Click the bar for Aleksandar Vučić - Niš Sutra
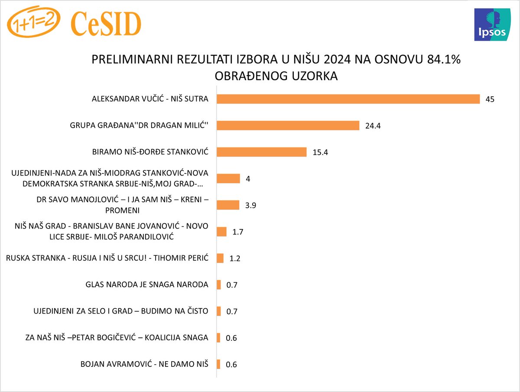click(x=348, y=99)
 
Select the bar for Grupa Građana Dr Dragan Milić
click(x=288, y=125)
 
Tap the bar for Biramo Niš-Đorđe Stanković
click(x=261, y=152)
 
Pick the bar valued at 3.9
click(x=228, y=205)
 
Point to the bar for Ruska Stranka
click(x=220, y=258)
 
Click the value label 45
click(x=490, y=99)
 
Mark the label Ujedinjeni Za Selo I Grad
click(x=121, y=311)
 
